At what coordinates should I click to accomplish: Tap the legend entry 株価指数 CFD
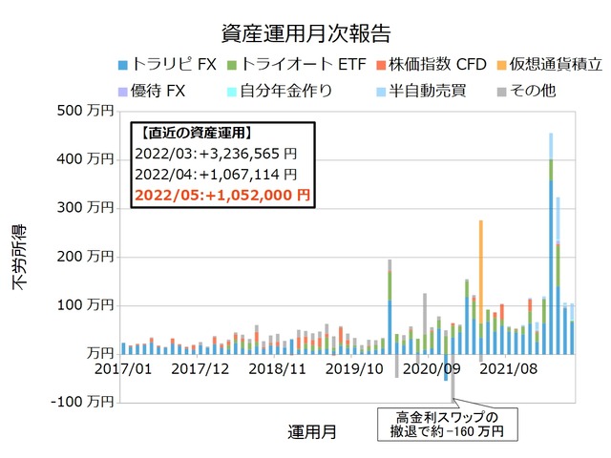click(424, 65)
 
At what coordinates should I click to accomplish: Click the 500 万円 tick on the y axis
click(86, 110)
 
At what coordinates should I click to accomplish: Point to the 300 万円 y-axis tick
click(86, 207)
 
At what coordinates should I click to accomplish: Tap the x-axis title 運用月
click(311, 431)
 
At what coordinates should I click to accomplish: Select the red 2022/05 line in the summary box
click(222, 194)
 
